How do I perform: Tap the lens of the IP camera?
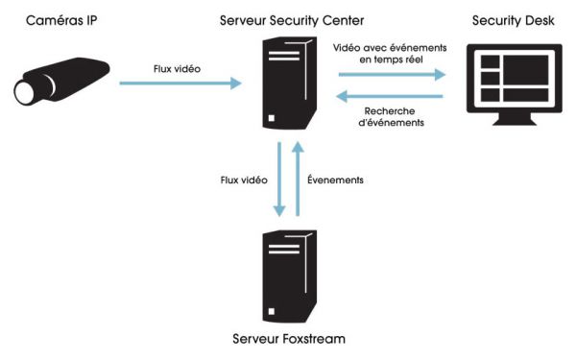[x=26, y=91]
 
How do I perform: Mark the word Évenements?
[x=335, y=179]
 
